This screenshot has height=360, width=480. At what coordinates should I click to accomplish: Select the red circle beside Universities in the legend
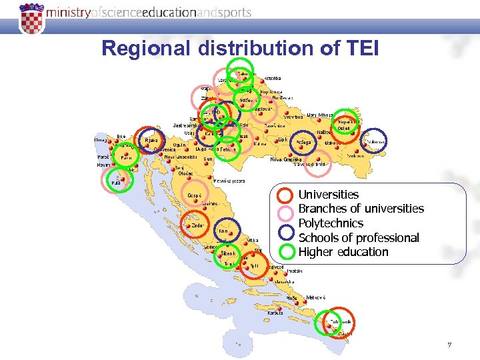point(285,195)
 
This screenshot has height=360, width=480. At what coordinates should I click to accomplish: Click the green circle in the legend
point(285,251)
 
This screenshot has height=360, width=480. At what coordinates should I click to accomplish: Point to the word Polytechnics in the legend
point(331,223)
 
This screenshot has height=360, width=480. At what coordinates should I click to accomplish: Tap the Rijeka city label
point(152,141)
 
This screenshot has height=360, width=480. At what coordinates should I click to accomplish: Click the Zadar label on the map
point(198,225)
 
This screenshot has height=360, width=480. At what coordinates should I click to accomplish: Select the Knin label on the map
point(223,231)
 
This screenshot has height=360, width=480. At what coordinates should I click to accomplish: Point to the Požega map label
point(304,142)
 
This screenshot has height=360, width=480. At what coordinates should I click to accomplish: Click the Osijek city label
point(344,129)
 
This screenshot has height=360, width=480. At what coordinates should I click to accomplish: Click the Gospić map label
point(194,195)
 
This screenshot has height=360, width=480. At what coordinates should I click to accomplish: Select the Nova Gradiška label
point(285,159)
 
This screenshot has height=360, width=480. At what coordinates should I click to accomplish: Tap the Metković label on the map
point(315,297)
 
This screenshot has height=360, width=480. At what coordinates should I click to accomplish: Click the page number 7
point(449,345)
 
